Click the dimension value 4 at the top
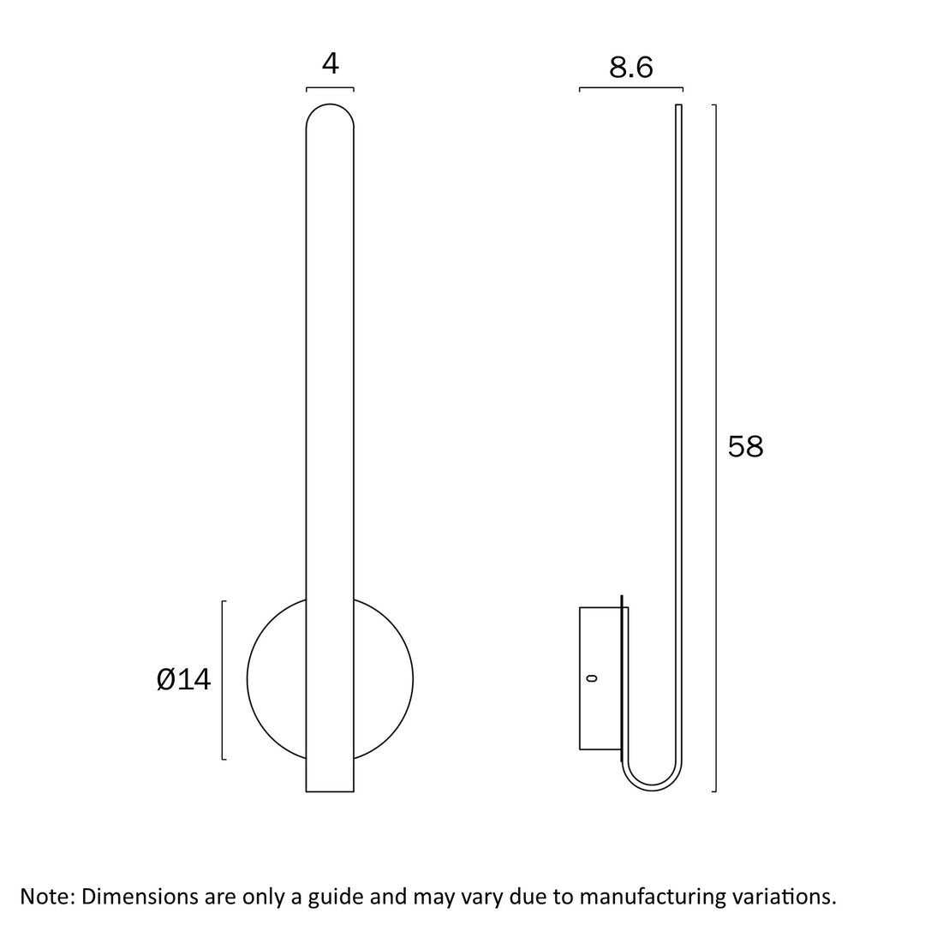pyautogui.click(x=331, y=63)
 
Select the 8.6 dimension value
pyautogui.click(x=630, y=68)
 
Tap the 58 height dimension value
pyautogui.click(x=745, y=446)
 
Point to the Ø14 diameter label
pyautogui.click(x=183, y=679)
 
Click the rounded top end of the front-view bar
pyautogui.click(x=330, y=105)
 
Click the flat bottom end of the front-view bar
pyautogui.click(x=330, y=791)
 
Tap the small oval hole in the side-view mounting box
pyautogui.click(x=593, y=678)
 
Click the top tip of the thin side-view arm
pyautogui.click(x=678, y=105)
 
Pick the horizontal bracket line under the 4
pyautogui.click(x=330, y=88)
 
